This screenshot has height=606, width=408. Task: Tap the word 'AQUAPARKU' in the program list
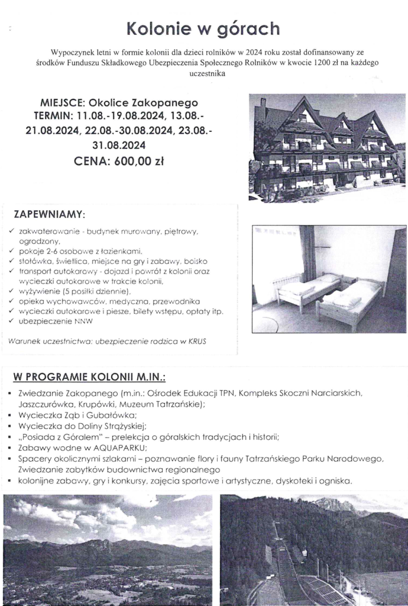coord(115,449)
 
